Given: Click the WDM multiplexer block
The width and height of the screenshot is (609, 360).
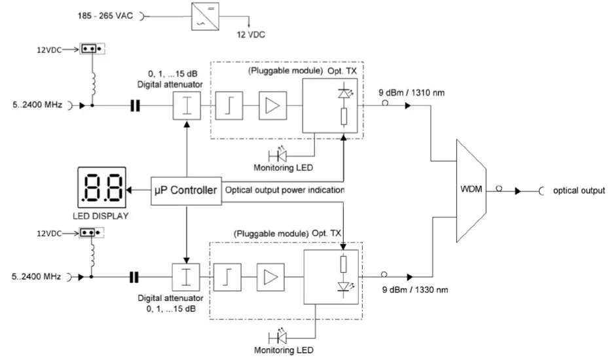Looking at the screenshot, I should point(471,190).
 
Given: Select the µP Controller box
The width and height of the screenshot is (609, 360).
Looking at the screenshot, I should point(185,190).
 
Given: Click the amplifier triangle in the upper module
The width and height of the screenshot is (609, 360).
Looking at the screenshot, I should point(271,105).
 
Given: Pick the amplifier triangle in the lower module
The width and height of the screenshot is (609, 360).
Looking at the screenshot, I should point(269,277).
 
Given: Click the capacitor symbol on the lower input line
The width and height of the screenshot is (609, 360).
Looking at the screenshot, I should point(135,277).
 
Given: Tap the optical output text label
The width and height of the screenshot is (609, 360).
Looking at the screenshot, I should point(578,190).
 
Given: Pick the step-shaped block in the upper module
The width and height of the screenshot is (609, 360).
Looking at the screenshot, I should point(229,105).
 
